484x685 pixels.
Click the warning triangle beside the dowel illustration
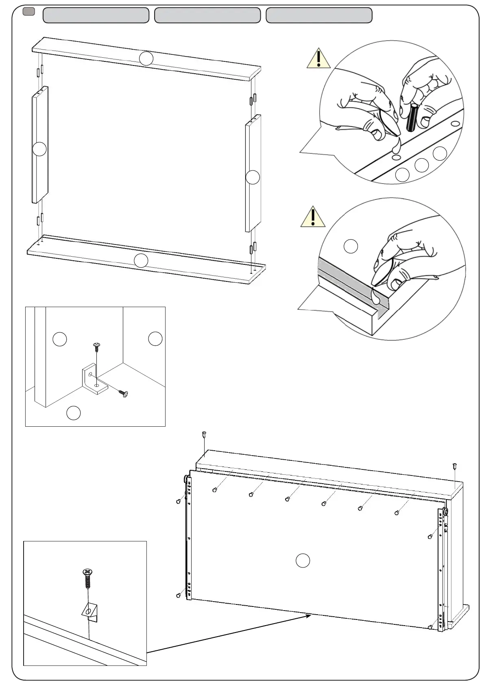click(x=318, y=59)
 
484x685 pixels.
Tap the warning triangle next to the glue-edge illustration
click(x=313, y=218)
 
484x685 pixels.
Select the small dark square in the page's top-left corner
click(x=28, y=12)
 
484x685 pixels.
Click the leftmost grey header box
click(x=96, y=15)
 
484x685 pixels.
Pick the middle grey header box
click(x=207, y=15)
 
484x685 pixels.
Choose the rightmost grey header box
click(x=319, y=15)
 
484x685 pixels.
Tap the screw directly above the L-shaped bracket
click(x=97, y=347)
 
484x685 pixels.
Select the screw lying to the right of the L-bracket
click(x=123, y=393)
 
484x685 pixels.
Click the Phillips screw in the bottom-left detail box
click(x=87, y=578)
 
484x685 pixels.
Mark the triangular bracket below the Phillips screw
click(x=90, y=611)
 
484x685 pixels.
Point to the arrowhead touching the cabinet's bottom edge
click(x=309, y=615)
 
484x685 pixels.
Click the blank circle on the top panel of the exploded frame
click(x=146, y=59)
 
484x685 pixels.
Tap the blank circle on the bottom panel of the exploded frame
click(x=141, y=260)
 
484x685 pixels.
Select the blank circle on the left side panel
click(x=39, y=149)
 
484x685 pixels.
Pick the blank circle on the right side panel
click(x=253, y=177)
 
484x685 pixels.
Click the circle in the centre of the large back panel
click(x=303, y=561)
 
